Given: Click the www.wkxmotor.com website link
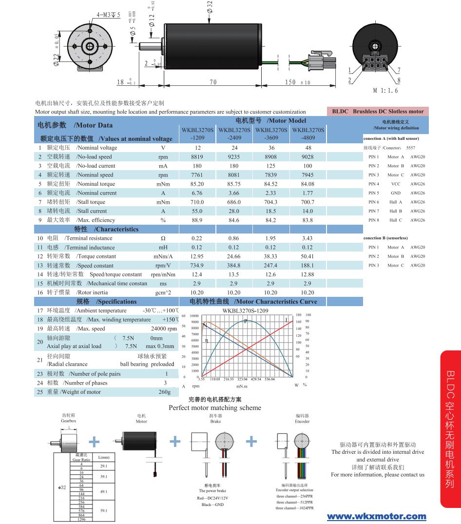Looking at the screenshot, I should click(x=376, y=516).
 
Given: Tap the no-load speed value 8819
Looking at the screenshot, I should click(x=197, y=157).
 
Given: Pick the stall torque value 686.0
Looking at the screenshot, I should click(x=234, y=202).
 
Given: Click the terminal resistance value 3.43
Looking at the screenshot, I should click(x=307, y=238).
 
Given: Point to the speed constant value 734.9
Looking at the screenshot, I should click(x=197, y=266).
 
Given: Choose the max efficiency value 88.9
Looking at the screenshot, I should click(x=197, y=220).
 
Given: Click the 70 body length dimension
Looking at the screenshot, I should click(x=213, y=82).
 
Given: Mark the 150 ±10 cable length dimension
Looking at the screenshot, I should click(x=297, y=82).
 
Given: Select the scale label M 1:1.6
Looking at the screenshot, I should click(x=385, y=91).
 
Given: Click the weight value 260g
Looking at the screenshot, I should click(x=165, y=392).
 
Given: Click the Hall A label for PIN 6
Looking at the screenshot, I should click(x=396, y=202).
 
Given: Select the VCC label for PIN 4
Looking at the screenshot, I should click(x=396, y=184).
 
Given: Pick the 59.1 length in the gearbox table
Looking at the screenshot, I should click(x=103, y=510).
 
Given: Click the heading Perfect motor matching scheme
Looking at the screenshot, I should click(x=214, y=408).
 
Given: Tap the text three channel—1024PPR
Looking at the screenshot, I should click(x=295, y=508).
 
